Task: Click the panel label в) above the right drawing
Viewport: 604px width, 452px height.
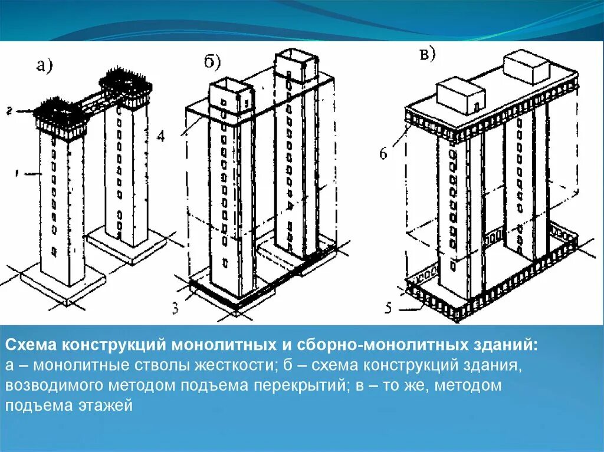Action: (x=426, y=55)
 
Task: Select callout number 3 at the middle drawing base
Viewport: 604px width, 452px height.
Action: (x=176, y=308)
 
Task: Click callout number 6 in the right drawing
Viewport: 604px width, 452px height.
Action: (x=383, y=154)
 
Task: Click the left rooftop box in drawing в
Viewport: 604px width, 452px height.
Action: (x=461, y=96)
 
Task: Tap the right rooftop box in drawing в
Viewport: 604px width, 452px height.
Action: (x=527, y=67)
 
